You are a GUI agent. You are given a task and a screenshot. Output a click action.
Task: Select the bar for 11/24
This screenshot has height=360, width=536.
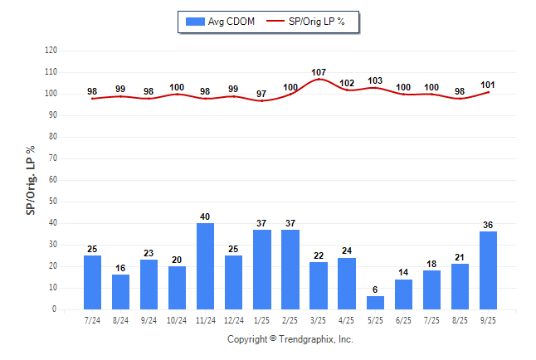[206, 266]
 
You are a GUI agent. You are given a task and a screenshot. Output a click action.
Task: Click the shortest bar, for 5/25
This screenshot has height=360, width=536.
[375, 303]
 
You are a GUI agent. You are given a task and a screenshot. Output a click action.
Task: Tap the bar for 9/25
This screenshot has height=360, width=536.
[488, 270]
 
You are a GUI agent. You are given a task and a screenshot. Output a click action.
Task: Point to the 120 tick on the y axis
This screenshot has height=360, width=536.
[51, 51]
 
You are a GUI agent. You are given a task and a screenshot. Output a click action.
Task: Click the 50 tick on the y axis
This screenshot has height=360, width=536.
[52, 202]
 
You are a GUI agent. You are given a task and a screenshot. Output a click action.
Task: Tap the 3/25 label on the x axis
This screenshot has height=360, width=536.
[319, 319]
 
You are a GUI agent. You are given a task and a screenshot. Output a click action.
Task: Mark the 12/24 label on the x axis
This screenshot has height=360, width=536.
[234, 319]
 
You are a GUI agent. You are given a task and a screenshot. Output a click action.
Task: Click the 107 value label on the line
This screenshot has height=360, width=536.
[319, 72]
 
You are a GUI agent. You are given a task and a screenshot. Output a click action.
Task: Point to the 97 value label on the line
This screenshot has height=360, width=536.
[262, 94]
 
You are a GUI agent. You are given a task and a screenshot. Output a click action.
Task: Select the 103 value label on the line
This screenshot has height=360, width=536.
[375, 81]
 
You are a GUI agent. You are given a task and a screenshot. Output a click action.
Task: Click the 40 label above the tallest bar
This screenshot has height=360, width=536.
[206, 217]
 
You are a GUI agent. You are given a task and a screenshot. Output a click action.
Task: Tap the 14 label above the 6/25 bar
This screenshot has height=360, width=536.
[403, 273]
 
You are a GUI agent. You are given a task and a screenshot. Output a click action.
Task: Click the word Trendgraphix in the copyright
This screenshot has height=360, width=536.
[307, 339]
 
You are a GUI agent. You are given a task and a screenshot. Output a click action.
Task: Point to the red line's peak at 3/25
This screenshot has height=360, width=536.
[319, 80]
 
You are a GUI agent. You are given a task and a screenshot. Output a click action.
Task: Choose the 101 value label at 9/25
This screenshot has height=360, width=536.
[488, 84]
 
